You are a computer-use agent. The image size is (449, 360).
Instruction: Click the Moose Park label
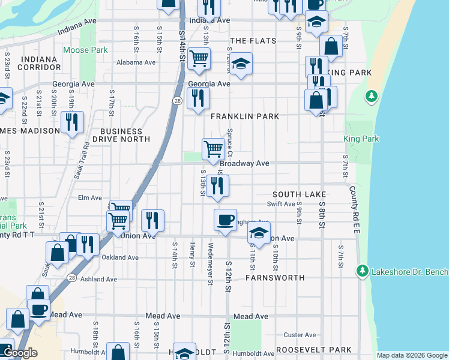pyautogui.click(x=85, y=50)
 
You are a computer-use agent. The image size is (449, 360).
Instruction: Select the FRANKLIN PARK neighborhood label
pyautogui.click(x=244, y=116)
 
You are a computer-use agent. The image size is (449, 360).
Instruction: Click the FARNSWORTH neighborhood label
pyautogui.click(x=276, y=278)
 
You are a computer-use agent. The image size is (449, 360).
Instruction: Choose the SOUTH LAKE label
pyautogui.click(x=299, y=195)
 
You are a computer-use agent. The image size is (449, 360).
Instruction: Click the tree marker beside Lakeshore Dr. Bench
pyautogui.click(x=363, y=272)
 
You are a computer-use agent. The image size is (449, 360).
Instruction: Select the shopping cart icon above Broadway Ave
pyautogui.click(x=213, y=149)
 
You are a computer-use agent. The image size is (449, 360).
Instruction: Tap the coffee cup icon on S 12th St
pyautogui.click(x=225, y=220)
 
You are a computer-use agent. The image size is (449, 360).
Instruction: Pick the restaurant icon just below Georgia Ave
pyautogui.click(x=198, y=98)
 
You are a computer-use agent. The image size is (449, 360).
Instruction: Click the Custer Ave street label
pyautogui.click(x=300, y=335)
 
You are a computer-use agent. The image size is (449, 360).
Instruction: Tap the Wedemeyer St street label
pyautogui.click(x=211, y=254)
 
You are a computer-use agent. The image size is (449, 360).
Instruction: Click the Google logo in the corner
pyautogui.click(x=20, y=353)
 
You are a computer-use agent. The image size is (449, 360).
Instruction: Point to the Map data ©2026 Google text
pyautogui.click(x=411, y=355)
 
